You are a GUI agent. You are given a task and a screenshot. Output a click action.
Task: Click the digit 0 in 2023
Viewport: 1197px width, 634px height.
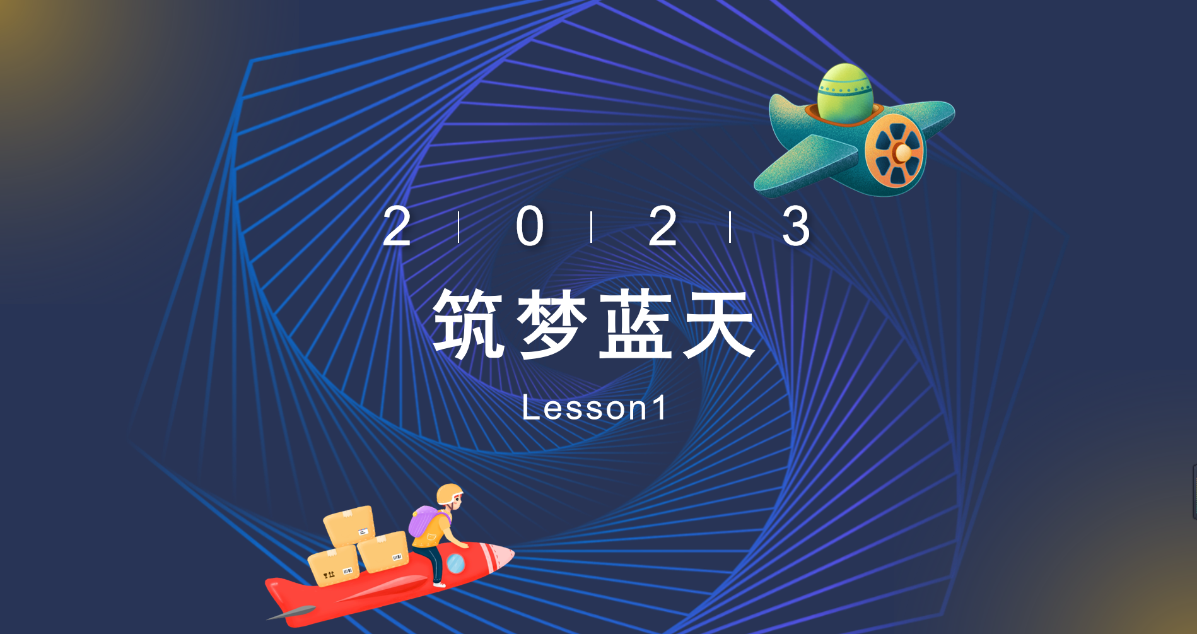click(530, 227)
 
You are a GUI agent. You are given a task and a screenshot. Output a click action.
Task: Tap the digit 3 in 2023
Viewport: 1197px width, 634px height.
click(796, 227)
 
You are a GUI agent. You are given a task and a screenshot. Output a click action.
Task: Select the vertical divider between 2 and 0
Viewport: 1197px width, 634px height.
click(459, 227)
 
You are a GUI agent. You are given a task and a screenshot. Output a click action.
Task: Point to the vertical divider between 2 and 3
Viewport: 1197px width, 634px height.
click(730, 227)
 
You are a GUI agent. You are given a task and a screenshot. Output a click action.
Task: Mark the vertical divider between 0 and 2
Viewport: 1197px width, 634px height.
click(592, 227)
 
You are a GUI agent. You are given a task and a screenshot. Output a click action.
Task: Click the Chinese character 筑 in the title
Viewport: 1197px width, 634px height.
click(468, 324)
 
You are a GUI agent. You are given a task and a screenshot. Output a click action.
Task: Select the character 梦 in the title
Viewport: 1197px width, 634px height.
click(552, 324)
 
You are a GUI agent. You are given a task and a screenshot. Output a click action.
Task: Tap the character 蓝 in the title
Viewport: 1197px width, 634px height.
click(636, 324)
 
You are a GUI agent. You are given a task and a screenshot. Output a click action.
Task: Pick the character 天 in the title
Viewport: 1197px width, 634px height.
click(720, 324)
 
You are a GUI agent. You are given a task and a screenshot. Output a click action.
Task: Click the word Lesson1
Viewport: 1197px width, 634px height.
click(594, 408)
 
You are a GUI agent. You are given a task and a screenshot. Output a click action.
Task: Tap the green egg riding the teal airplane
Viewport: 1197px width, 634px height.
click(845, 93)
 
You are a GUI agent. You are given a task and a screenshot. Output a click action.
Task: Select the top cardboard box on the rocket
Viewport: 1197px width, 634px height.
click(350, 525)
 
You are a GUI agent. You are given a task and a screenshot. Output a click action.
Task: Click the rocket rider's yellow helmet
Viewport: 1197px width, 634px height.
click(449, 493)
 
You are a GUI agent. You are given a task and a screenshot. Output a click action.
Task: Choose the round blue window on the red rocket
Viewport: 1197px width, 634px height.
click(455, 563)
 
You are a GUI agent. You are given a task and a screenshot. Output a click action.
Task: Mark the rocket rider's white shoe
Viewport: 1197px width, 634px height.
click(440, 584)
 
